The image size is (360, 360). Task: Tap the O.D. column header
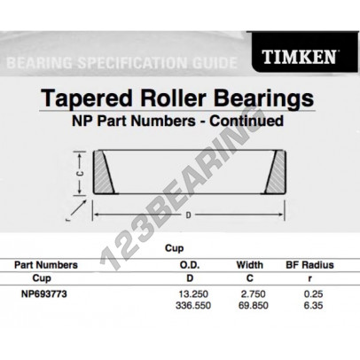pos(180,264)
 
